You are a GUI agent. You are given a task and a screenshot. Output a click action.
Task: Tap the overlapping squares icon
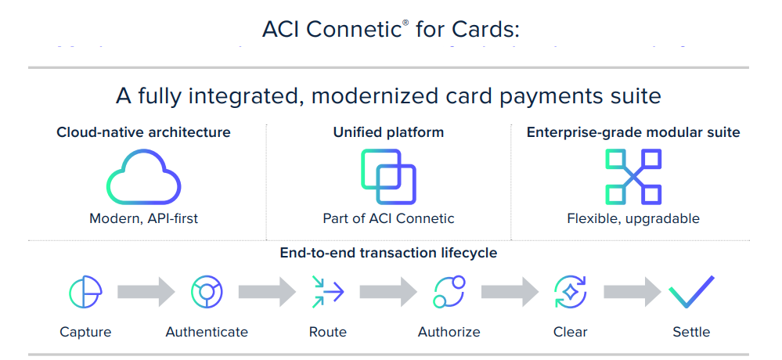tap(388, 177)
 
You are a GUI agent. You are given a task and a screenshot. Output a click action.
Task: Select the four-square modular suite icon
tap(633, 177)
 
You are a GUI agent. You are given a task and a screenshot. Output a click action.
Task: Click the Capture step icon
tap(85, 292)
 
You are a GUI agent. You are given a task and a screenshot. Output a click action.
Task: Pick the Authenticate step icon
tap(207, 292)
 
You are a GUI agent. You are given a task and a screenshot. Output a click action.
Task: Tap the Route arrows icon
tap(327, 292)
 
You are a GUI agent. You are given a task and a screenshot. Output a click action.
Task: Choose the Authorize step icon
tap(449, 292)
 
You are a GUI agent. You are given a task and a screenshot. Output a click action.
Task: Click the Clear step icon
tap(570, 292)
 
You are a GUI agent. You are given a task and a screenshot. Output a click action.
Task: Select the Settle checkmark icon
tap(691, 291)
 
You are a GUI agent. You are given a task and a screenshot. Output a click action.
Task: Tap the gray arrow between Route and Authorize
tap(388, 292)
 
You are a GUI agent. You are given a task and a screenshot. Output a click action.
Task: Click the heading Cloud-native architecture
tap(143, 132)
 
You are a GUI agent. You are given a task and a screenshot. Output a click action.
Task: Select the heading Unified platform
tap(388, 132)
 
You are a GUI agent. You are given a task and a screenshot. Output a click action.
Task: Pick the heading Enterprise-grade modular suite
tap(633, 132)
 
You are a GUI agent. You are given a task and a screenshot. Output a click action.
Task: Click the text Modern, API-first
tap(143, 218)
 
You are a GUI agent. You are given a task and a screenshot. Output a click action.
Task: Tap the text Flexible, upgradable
tap(633, 218)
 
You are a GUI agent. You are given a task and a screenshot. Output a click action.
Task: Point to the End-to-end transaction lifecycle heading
tap(388, 253)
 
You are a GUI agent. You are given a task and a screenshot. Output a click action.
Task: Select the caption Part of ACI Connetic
tap(388, 218)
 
